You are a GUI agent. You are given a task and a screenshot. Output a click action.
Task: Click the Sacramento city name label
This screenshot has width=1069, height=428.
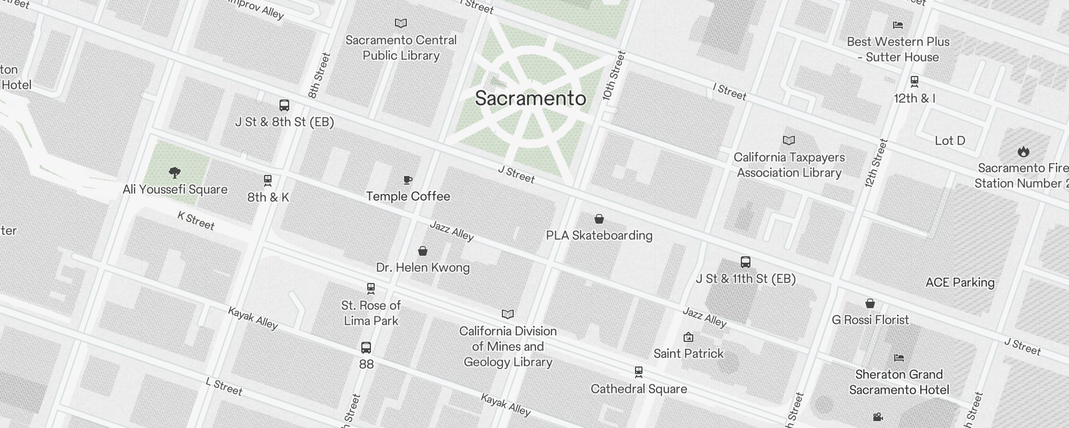pos(530,98)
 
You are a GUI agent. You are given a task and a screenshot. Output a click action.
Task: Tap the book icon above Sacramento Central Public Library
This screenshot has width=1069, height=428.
pos(401,23)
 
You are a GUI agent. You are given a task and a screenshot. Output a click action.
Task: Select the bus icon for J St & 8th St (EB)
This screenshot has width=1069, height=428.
pos(284,105)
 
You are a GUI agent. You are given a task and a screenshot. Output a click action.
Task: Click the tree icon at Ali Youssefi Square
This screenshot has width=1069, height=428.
pos(174,172)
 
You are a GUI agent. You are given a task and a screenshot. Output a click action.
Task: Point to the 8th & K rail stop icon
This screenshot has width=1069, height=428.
pos(268,181)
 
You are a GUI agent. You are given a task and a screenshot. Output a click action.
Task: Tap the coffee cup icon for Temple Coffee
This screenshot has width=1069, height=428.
pos(408,180)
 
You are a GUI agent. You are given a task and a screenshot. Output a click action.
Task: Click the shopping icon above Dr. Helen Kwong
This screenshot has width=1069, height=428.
pos(423,251)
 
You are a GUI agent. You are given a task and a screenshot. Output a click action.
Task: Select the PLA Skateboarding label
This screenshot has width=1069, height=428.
pos(599,235)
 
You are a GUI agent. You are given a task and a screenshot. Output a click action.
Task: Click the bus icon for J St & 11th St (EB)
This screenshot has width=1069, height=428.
pos(746,262)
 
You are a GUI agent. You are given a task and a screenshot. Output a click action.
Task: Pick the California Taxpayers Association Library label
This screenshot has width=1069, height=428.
pos(789,165)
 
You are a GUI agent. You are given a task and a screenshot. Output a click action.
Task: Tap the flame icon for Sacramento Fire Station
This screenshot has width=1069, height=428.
pos(1023,151)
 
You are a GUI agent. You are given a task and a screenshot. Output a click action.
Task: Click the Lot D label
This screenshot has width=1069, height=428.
pos(950,141)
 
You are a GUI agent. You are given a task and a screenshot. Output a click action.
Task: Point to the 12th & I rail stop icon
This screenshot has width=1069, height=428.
pos(915,81)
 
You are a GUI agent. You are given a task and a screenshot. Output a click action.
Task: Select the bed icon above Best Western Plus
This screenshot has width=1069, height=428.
pos(898,25)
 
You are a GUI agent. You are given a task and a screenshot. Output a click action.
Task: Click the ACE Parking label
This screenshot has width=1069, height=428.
pos(960,282)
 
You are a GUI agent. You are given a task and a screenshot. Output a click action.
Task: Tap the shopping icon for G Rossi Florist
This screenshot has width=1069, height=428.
pos(870,303)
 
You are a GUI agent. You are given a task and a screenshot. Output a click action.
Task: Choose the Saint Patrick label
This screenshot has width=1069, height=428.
pos(688,354)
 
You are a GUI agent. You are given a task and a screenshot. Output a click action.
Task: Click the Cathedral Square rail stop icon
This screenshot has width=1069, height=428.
pos(638,372)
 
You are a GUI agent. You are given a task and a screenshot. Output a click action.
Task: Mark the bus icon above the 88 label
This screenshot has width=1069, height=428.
pos(366,348)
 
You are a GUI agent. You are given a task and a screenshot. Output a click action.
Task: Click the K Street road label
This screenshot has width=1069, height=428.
pos(196,220)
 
